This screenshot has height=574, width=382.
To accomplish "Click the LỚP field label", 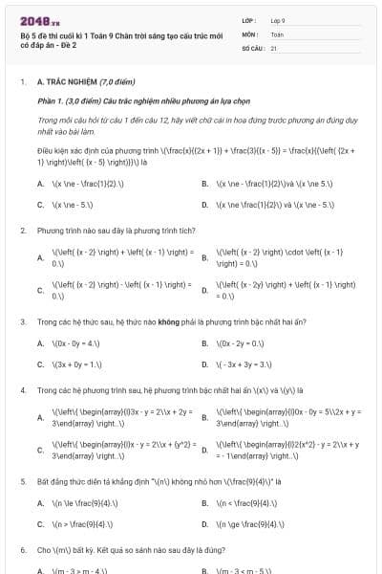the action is (248, 20).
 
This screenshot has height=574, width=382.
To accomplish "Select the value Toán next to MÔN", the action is (277, 33).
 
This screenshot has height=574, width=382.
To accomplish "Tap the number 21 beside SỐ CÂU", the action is (274, 47).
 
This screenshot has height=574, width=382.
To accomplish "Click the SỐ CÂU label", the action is (252, 47).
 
